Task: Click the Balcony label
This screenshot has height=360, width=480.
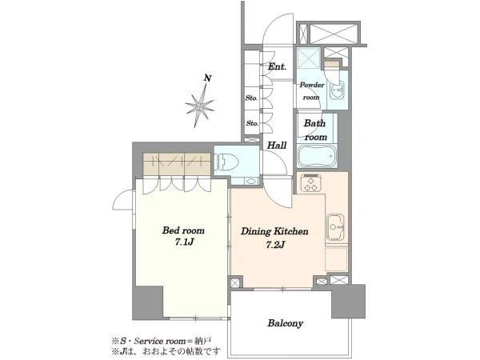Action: pos(286,323)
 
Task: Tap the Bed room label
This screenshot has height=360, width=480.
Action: pos(183,230)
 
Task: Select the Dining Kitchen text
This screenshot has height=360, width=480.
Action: pos(274,231)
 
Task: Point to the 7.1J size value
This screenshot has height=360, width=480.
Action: pos(184,242)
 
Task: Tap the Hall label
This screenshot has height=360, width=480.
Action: pos(277,145)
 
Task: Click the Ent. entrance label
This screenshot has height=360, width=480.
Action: pos(277,66)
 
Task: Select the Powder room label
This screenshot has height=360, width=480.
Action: pos(311,91)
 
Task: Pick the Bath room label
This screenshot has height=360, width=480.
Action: pos(315,130)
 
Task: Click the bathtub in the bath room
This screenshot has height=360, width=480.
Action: pos(317,156)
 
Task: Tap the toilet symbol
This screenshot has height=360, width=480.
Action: pos(227,162)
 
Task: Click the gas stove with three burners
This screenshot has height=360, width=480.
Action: pos(310,182)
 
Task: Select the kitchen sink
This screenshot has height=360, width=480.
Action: pos(335,227)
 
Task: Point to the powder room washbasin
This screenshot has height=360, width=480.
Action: pos(337,90)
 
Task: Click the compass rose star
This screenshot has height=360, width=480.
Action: pos(199,106)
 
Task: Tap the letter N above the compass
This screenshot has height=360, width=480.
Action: pos(208,78)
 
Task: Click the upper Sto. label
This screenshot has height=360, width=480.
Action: pos(252,98)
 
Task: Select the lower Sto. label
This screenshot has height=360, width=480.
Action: pos(253,123)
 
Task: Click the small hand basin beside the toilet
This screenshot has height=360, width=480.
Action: pos(251,182)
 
